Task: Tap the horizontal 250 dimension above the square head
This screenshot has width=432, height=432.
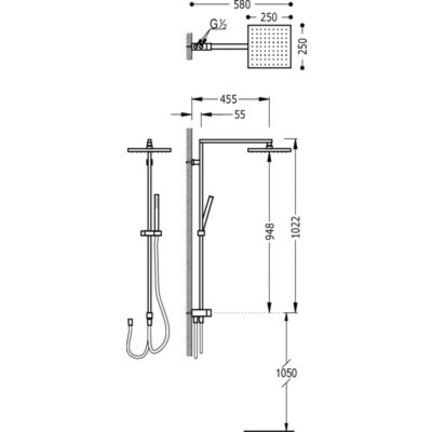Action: click(269, 17)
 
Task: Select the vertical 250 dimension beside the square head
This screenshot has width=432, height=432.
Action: click(301, 47)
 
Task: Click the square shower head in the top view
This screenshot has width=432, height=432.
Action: click(269, 47)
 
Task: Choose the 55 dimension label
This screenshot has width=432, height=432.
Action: click(240, 115)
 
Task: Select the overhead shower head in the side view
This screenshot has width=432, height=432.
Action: click(269, 150)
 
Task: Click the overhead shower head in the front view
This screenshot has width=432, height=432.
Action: click(148, 150)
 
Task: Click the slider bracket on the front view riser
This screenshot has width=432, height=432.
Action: click(151, 233)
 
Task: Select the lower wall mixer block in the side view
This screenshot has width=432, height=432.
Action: click(201, 313)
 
